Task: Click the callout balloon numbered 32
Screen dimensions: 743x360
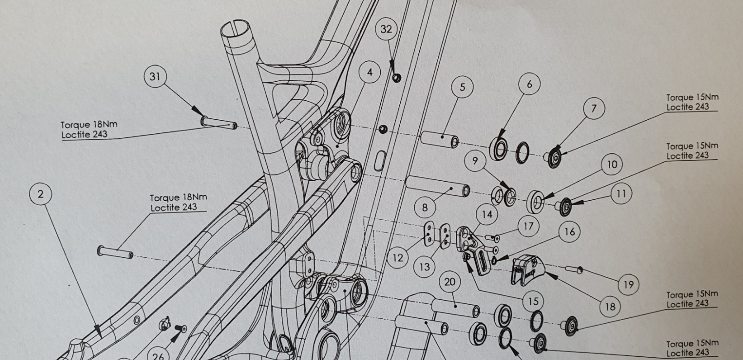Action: pos(386,29)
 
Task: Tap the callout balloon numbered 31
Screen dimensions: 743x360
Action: pos(155,76)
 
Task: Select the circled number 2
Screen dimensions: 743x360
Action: pos(41,194)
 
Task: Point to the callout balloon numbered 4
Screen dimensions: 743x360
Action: pos(370,72)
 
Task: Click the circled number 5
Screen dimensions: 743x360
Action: pos(463,87)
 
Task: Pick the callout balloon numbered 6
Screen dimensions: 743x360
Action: pos(529,84)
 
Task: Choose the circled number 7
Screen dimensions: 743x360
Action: pos(594,108)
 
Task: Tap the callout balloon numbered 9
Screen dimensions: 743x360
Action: pos(476,161)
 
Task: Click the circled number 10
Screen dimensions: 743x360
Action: pos(612,164)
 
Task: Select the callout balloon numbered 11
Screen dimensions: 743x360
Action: pos(621,193)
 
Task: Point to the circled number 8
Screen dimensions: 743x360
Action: pos(425,207)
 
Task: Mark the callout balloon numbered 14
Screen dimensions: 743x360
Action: pos(487,215)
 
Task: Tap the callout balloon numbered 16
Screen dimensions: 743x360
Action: pos(569,232)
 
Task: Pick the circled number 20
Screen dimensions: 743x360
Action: pos(450,282)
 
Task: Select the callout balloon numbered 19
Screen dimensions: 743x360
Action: pos(629,284)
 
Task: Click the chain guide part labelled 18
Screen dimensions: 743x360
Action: pos(528,270)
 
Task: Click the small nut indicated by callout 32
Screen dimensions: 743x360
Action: pos(397,78)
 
